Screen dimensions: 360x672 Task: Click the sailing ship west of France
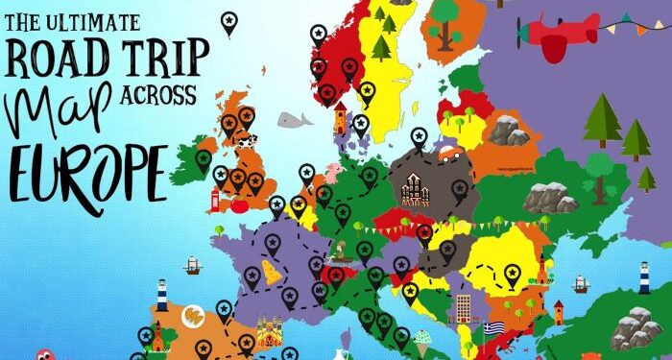(193, 265)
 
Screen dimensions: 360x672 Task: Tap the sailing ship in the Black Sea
(579, 284)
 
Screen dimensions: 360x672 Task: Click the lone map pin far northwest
(228, 22)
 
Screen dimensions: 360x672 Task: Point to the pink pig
(332, 173)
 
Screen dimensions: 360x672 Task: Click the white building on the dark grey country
(415, 188)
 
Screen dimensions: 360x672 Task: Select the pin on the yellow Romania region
(512, 275)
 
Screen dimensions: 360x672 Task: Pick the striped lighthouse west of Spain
(162, 295)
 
